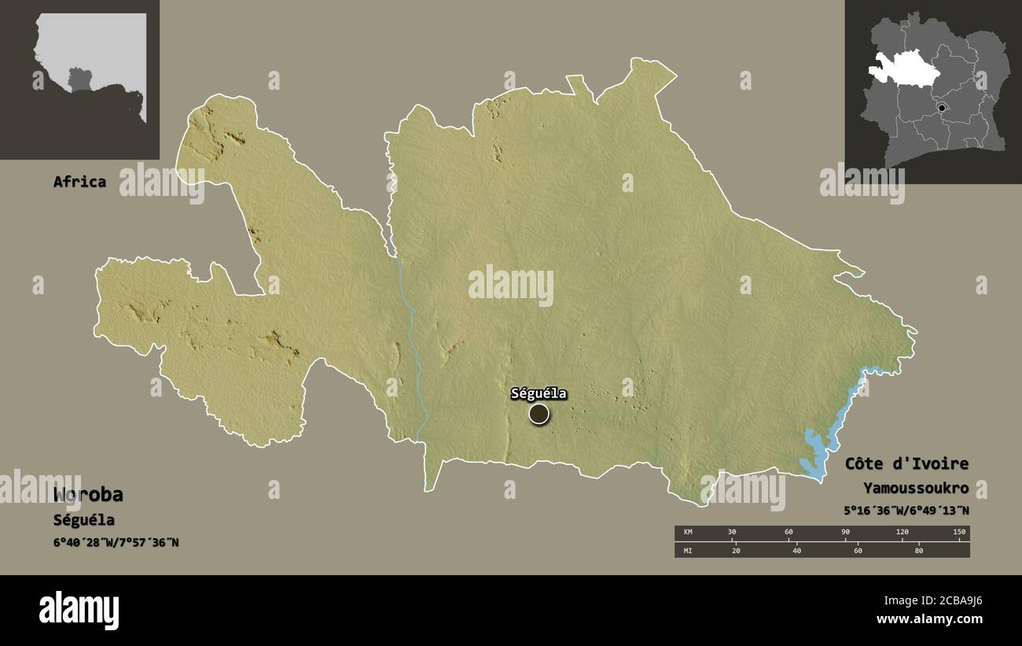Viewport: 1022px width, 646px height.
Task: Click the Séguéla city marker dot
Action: (x=539, y=414)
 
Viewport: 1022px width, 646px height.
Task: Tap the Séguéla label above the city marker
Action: (x=539, y=393)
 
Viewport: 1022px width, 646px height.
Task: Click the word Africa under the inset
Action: (x=79, y=182)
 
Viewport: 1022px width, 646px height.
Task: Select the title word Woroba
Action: (x=88, y=495)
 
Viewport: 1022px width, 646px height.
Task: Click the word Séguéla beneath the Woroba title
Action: (x=83, y=520)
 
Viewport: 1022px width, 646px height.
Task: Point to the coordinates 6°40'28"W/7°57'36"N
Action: (x=116, y=543)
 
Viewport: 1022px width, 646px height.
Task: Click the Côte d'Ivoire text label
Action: (x=906, y=464)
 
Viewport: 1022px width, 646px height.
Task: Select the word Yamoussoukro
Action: (x=915, y=488)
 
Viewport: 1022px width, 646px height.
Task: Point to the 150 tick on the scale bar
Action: (x=958, y=533)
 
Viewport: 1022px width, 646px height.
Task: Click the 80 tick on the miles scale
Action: (x=919, y=551)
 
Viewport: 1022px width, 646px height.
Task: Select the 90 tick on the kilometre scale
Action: (x=845, y=533)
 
